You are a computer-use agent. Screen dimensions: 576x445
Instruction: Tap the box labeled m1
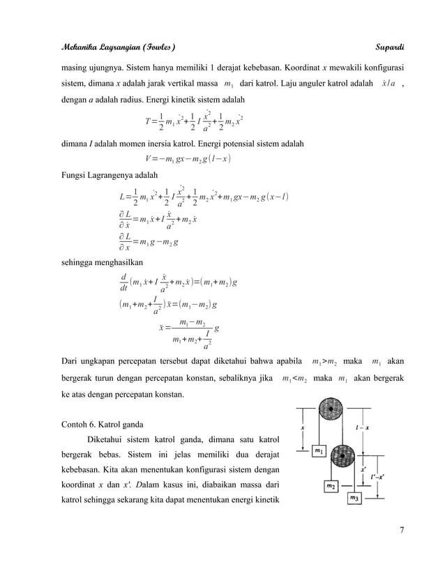(318, 451)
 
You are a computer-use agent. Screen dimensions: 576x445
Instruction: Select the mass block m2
(333, 485)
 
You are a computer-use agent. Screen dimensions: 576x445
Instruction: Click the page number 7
(402, 533)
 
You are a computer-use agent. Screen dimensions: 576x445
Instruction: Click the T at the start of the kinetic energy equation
(142, 121)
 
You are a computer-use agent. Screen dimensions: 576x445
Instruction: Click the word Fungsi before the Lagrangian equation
(74, 174)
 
